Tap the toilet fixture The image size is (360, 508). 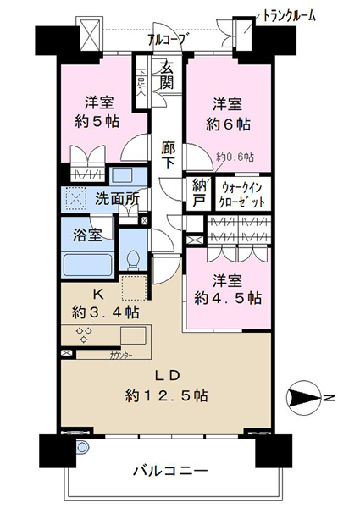click(x=133, y=260)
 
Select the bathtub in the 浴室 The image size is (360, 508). click(x=87, y=264)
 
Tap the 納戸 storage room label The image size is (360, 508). click(x=198, y=193)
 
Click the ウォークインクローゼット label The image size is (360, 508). click(x=242, y=195)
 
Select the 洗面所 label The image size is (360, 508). click(x=117, y=199)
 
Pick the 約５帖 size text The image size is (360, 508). click(x=97, y=121)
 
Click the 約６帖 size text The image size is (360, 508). click(x=228, y=124)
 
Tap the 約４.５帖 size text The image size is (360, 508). click(x=228, y=298)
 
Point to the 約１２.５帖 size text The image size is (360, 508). click(x=167, y=395)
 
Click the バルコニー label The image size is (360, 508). click(x=170, y=471)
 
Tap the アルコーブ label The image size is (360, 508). click(x=167, y=40)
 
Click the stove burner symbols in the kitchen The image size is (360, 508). click(x=84, y=334)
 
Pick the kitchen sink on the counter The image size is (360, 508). click(x=133, y=335)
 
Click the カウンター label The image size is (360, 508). click(x=121, y=355)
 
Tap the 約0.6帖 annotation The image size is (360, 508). click(x=235, y=157)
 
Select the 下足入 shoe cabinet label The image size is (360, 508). click(x=141, y=82)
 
